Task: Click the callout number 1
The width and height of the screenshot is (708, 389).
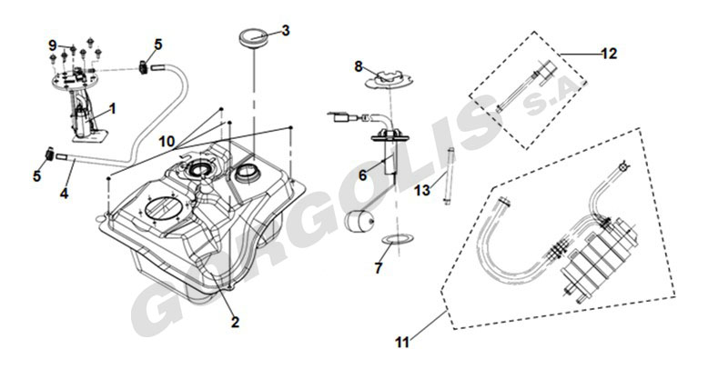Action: pyautogui.click(x=113, y=109)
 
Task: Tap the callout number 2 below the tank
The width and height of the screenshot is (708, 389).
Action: pyautogui.click(x=234, y=322)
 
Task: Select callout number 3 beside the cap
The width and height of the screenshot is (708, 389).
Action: pyautogui.click(x=285, y=30)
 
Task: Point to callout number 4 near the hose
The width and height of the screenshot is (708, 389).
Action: pyautogui.click(x=65, y=193)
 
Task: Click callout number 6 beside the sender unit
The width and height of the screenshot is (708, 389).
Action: pyautogui.click(x=361, y=175)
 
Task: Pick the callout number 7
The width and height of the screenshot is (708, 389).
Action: pyautogui.click(x=379, y=268)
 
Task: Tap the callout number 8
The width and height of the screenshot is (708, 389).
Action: pyautogui.click(x=359, y=65)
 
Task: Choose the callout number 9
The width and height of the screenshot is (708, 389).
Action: pyautogui.click(x=53, y=45)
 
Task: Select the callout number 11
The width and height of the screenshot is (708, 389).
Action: pyautogui.click(x=402, y=343)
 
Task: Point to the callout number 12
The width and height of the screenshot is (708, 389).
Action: pyautogui.click(x=609, y=54)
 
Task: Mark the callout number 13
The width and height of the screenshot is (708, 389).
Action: pyautogui.click(x=421, y=191)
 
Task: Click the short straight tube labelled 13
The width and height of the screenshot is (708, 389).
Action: pyautogui.click(x=448, y=175)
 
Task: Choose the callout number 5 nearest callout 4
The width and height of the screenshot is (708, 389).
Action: pyautogui.click(x=37, y=176)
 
